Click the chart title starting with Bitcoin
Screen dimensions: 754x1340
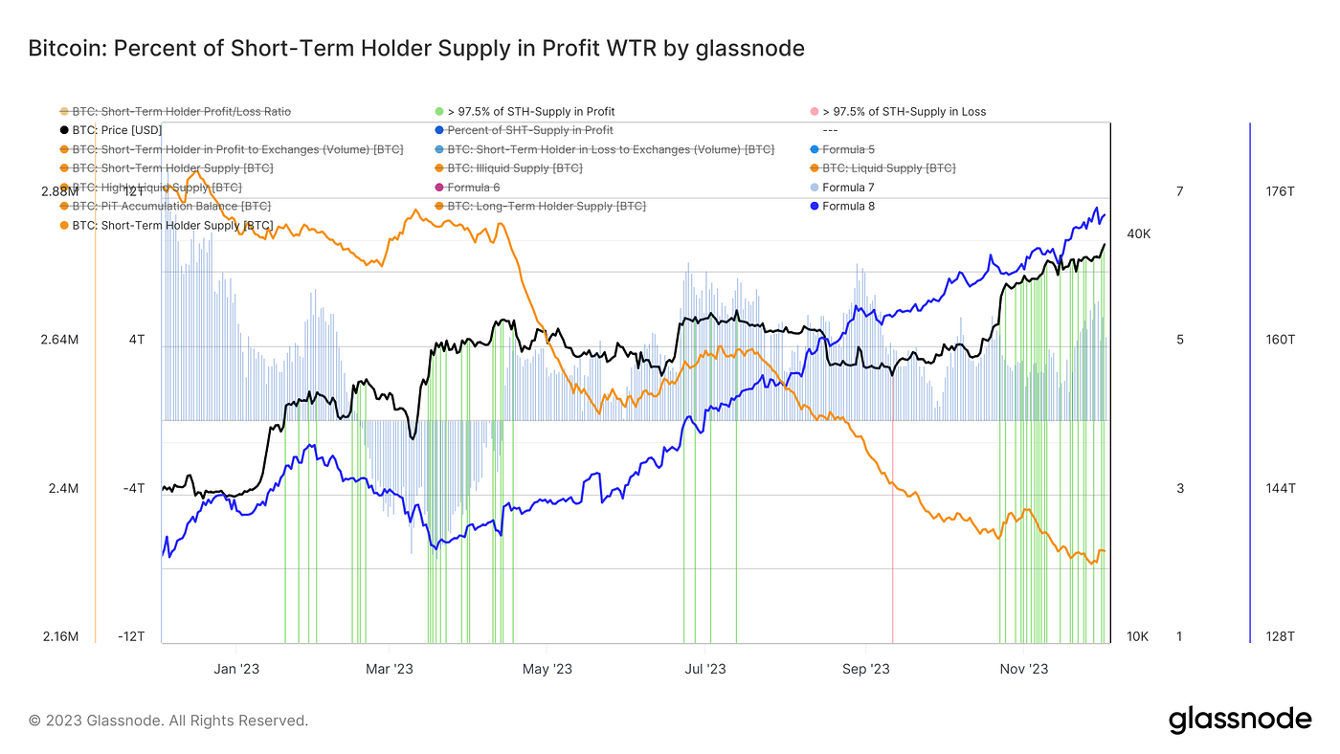tap(416, 48)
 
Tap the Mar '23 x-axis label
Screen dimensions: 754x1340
tap(390, 669)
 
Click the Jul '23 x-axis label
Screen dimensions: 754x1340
tap(706, 669)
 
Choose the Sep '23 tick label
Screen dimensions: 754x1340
tap(866, 669)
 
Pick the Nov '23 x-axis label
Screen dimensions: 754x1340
tap(1024, 669)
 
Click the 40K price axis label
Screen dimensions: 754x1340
tap(1139, 233)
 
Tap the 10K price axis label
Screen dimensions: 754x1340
tap(1138, 637)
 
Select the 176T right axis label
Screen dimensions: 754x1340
tap(1280, 191)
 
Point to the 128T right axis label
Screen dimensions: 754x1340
tap(1280, 637)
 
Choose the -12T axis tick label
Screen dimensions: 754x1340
tap(133, 637)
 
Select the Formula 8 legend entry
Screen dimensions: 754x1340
tap(848, 206)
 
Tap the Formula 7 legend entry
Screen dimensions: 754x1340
tap(848, 188)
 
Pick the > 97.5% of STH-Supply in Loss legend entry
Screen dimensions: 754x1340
tap(904, 112)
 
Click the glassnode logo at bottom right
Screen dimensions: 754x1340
tap(1239, 720)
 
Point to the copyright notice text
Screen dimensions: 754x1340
tap(168, 721)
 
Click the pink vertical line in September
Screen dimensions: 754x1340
tap(892, 536)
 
